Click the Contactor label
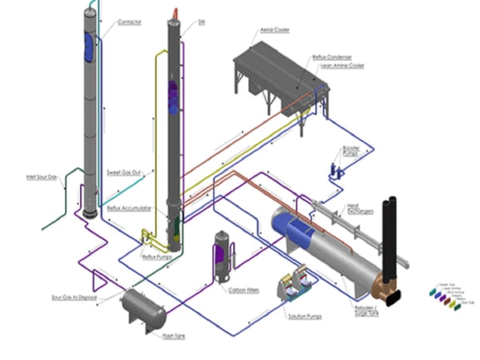tap(130, 22)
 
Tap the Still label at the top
tap(202, 23)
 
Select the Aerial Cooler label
tap(275, 29)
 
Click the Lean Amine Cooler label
tap(334, 65)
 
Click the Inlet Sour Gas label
tap(41, 177)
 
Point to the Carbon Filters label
tap(244, 290)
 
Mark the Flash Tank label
tap(174, 336)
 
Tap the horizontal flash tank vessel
tap(143, 307)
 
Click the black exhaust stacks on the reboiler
tap(390, 240)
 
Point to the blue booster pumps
tap(336, 171)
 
